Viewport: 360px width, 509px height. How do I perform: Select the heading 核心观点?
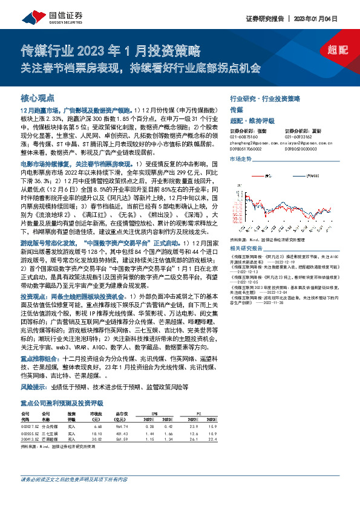pos(38,97)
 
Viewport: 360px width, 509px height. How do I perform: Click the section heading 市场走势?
pos(240,159)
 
